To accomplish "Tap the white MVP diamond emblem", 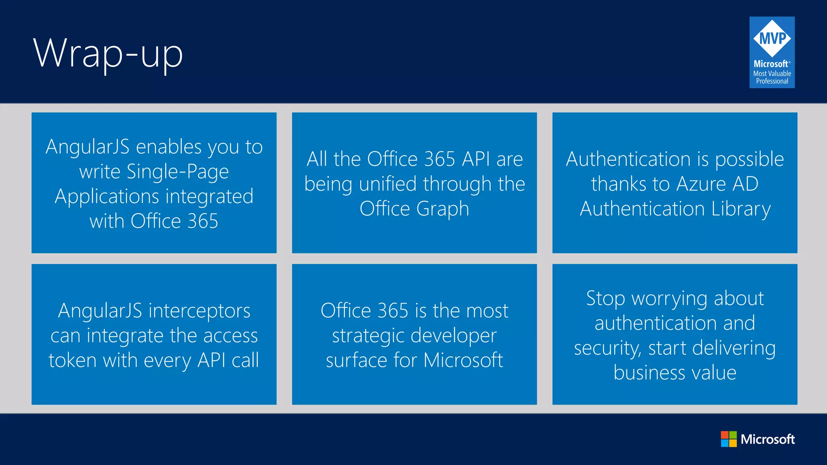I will click(x=772, y=39).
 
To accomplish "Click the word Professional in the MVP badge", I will click(x=772, y=81).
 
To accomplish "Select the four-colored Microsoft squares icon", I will click(x=728, y=439).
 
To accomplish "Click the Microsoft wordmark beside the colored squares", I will click(x=767, y=439).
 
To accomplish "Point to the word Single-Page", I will click(x=178, y=172).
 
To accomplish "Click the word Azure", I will click(x=701, y=184).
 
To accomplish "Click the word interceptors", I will click(x=199, y=311).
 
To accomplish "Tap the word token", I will click(x=73, y=360).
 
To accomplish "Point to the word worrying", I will click(x=669, y=299).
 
